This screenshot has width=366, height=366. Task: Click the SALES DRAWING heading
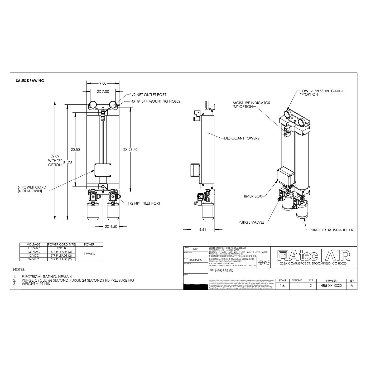30,81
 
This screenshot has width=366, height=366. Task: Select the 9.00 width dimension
103,83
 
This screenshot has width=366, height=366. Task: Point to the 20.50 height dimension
75,150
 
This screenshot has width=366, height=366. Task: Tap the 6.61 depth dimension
203,230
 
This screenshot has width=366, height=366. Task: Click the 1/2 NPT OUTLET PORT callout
148,95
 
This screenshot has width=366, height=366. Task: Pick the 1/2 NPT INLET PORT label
144,203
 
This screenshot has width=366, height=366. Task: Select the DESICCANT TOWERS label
242,138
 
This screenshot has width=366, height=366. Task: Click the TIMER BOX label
253,196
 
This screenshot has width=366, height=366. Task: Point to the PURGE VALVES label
251,222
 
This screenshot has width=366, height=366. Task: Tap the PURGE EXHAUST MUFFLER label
331,230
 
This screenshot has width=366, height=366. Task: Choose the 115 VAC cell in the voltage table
33,248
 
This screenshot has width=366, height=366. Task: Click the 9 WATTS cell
89,254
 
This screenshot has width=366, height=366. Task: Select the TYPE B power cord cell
61,248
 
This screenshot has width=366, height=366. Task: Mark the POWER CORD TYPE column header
61,244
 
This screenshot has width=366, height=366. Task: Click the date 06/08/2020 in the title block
196,260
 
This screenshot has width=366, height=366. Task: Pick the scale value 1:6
282,286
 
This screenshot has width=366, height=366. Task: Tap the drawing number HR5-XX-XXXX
331,286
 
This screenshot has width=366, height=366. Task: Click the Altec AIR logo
314,255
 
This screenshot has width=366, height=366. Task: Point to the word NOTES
19,269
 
